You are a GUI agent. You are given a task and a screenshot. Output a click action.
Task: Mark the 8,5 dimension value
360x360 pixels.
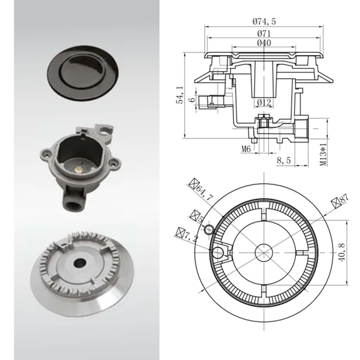(x=284, y=160)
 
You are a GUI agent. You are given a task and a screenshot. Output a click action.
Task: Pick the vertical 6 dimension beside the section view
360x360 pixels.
(x=191, y=100)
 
